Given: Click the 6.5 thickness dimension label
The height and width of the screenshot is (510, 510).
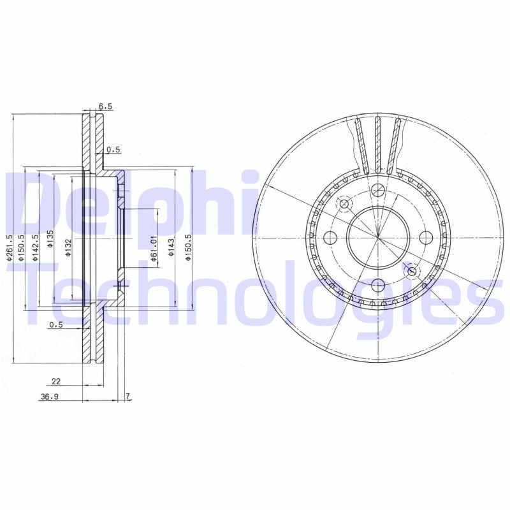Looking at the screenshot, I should [105, 106].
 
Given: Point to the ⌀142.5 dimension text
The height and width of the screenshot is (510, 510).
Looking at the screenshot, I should [36, 246].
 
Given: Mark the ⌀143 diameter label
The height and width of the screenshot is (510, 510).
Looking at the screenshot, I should [171, 246].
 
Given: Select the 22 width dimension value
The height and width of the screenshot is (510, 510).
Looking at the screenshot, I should [56, 381].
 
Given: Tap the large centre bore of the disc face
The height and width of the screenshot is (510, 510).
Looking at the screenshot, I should [377, 237].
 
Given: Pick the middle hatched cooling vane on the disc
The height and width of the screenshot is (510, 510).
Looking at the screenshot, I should [377, 145].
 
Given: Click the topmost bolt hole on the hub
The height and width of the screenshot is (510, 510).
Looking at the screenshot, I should [377, 189].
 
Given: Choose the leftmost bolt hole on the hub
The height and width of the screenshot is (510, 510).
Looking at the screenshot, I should [330, 238].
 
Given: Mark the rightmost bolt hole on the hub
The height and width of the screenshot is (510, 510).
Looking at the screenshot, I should [425, 237].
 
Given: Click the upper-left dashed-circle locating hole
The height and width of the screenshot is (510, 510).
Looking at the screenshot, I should [345, 204].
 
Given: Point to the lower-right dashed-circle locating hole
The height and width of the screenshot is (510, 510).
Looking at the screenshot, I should [411, 272].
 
